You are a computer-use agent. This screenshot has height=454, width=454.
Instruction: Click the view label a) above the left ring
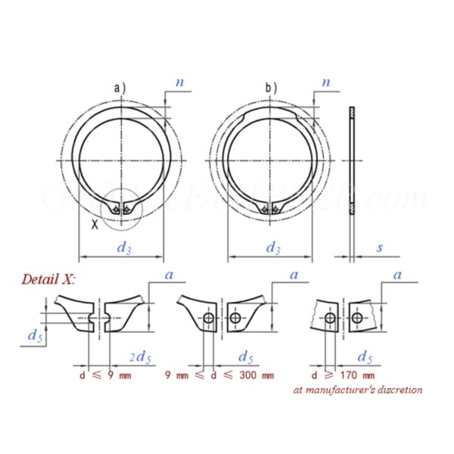click(x=120, y=89)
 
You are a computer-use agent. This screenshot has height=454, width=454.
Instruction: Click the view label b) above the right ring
click(x=270, y=89)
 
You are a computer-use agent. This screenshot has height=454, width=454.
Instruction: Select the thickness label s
click(x=379, y=247)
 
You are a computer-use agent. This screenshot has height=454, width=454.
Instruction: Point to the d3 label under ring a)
click(x=123, y=247)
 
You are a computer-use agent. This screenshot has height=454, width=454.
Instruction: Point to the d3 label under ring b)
click(x=273, y=247)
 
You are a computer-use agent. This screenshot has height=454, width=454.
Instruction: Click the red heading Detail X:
click(x=48, y=278)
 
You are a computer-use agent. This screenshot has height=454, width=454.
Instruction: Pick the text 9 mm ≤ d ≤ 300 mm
click(x=220, y=375)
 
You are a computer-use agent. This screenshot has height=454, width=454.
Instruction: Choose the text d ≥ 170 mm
click(x=344, y=375)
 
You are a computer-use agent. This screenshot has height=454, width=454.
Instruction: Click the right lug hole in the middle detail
click(x=236, y=319)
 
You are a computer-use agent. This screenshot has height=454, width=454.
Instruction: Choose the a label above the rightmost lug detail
click(x=397, y=275)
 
